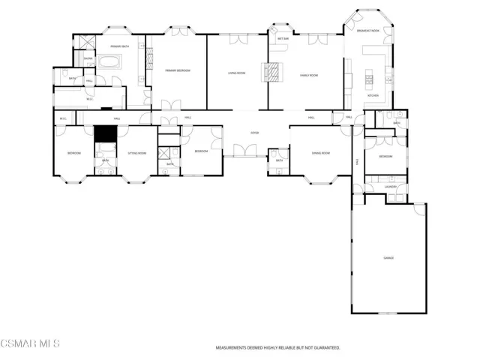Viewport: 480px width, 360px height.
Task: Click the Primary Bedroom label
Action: click(x=178, y=70)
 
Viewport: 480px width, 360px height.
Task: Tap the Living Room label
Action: click(x=238, y=73)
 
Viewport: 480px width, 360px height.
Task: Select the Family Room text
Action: click(x=310, y=76)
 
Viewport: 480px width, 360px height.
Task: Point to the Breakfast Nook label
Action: click(x=367, y=31)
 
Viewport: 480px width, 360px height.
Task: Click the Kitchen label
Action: click(x=372, y=96)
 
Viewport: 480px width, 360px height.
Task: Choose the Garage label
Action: click(x=388, y=258)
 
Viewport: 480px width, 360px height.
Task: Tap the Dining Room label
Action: click(x=321, y=152)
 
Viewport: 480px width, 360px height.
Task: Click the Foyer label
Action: click(x=254, y=133)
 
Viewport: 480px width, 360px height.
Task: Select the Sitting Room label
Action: click(x=136, y=153)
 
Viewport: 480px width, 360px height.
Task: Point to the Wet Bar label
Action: click(x=283, y=38)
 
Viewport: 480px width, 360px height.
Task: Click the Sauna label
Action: click(x=88, y=58)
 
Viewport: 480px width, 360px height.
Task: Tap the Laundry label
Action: click(x=390, y=186)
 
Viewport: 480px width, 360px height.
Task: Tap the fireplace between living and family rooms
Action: click(x=274, y=72)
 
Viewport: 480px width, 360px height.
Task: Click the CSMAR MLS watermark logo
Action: click(x=30, y=343)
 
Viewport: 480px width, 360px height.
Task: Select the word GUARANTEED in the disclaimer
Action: click(x=325, y=348)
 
